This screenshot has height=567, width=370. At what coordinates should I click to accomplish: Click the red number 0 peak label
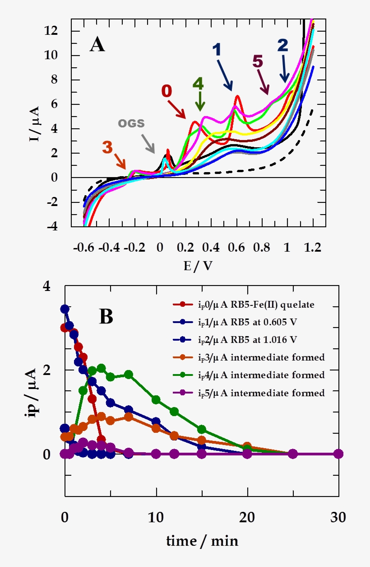click(166, 91)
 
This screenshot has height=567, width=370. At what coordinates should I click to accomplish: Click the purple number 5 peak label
click(257, 61)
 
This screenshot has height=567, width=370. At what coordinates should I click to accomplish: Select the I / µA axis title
click(34, 123)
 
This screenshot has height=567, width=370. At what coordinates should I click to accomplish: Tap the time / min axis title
click(202, 540)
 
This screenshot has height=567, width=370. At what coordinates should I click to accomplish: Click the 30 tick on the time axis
click(338, 517)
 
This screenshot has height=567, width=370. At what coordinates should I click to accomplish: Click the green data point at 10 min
click(156, 399)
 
